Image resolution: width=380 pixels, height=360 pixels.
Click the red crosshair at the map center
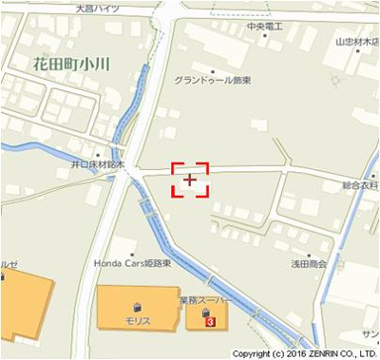coord(190,179)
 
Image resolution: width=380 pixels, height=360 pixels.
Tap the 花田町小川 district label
coord(72,65)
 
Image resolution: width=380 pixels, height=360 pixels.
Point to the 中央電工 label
coord(264,27)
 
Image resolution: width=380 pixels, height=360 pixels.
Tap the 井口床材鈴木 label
coord(97,163)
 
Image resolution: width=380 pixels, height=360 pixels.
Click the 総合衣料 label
coord(360,185)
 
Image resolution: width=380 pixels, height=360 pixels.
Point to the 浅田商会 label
coord(311,263)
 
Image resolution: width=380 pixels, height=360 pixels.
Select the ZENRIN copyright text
coord(305,353)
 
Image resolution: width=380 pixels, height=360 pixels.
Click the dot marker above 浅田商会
coord(310,251)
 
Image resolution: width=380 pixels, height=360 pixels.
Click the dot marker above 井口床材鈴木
coord(97,152)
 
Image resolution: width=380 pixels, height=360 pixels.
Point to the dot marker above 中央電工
coord(265,15)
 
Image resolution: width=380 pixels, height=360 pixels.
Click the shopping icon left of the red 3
coord(203,312)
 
